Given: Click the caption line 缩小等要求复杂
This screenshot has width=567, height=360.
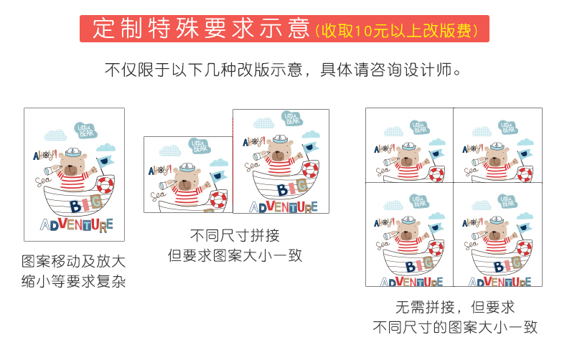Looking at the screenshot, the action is [x=74, y=281].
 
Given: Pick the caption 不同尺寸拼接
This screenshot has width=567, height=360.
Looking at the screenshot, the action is [x=235, y=235].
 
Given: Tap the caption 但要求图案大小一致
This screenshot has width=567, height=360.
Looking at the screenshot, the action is [x=235, y=255].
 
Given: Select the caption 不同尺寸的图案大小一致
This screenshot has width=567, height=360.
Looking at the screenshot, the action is [x=454, y=328].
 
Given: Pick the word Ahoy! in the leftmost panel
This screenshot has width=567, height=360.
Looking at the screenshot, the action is [x=44, y=155].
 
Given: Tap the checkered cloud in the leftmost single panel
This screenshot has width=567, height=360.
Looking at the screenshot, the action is [x=55, y=134].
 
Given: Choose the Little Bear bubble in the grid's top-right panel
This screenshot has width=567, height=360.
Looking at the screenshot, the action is [x=507, y=128].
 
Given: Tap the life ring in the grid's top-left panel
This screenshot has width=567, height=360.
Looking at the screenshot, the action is [x=436, y=174].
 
